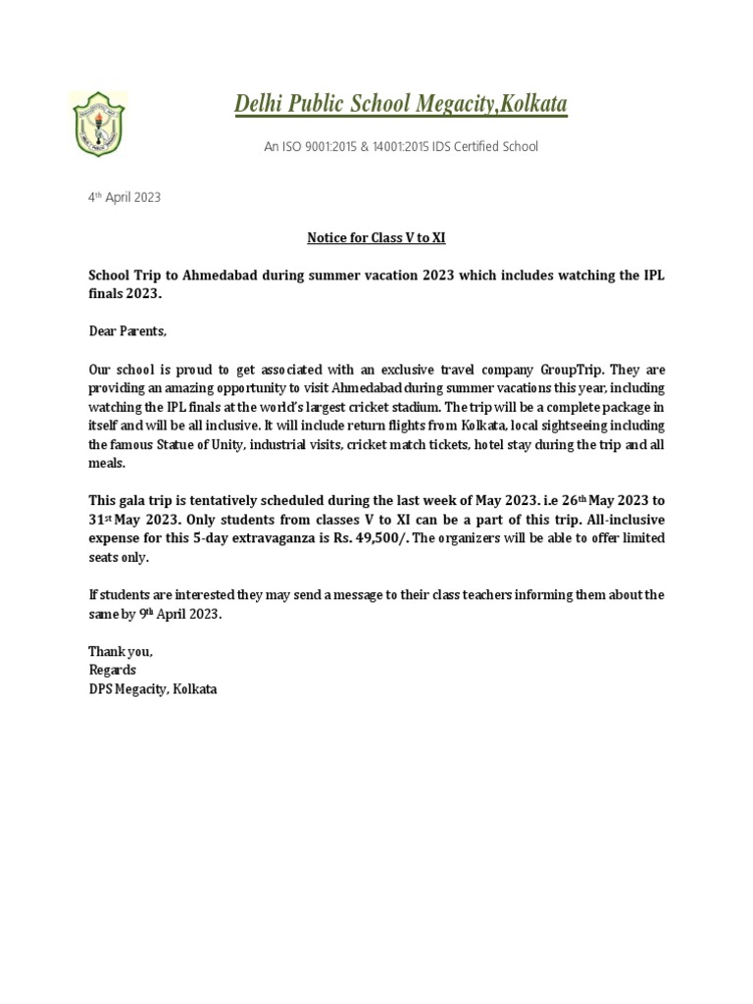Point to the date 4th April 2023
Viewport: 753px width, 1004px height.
(125, 197)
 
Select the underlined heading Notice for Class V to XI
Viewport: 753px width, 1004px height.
(376, 238)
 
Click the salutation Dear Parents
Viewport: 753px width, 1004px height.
(127, 332)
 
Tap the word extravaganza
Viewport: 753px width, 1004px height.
(288, 538)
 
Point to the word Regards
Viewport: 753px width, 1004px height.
(113, 670)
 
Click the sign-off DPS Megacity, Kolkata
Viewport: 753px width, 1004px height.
(153, 689)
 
